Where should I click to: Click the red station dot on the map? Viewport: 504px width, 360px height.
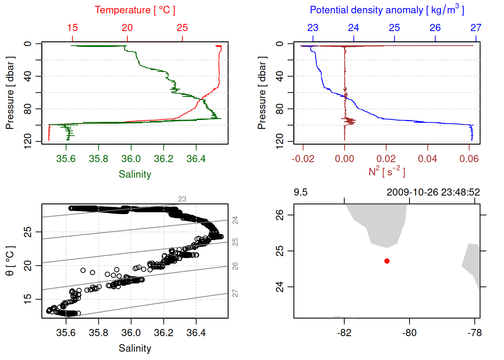point(387,261)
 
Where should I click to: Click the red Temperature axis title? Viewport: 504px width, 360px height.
point(135,10)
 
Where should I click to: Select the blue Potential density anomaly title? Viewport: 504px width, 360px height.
point(387,10)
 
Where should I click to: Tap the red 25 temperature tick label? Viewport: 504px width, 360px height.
point(182,28)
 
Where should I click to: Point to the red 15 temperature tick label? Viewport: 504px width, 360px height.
point(72,28)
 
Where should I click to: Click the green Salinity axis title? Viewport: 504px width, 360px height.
point(135,174)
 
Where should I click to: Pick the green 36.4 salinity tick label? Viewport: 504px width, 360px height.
point(196,159)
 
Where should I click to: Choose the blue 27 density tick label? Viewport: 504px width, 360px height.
point(476,28)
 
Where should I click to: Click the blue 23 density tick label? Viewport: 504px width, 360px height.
point(313,28)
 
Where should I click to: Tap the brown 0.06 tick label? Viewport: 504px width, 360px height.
point(469,159)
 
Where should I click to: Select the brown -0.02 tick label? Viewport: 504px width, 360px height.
point(303,159)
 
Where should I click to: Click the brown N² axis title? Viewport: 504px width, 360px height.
point(387,172)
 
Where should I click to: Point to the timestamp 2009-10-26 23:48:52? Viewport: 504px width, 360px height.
point(433,192)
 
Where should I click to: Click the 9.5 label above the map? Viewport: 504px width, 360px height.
point(300,192)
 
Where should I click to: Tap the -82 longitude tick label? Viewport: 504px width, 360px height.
point(344,333)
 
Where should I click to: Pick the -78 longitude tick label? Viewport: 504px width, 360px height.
point(474,333)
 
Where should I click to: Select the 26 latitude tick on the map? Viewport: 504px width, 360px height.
point(280,215)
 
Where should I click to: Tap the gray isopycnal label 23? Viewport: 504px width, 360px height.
point(182,199)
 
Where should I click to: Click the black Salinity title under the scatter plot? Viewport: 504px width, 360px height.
point(135,348)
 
